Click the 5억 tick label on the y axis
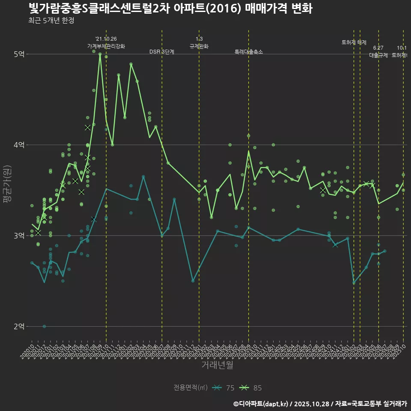click(19, 54)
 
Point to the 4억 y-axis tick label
click(19, 145)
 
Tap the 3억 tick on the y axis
click(19, 236)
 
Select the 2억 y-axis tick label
click(19, 327)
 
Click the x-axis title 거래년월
click(217, 365)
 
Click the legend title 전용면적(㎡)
click(190, 388)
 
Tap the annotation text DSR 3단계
click(162, 52)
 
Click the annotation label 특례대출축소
click(248, 52)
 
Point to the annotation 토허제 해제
click(354, 42)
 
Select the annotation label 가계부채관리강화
click(106, 46)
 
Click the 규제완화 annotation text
click(199, 46)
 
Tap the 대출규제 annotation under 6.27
click(378, 55)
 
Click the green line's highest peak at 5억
click(100, 54)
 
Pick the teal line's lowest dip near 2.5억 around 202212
click(193, 281)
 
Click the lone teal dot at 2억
click(44, 326)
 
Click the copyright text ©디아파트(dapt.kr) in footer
click(262, 404)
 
